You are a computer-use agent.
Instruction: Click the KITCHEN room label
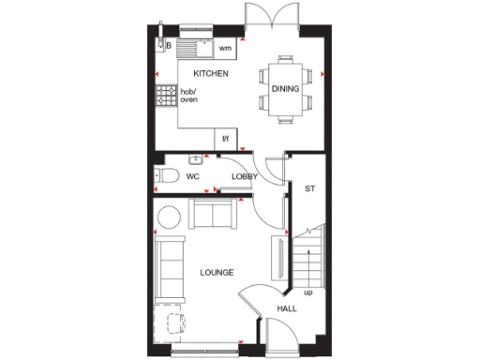click(x=211, y=73)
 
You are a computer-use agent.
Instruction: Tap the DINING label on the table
click(x=285, y=89)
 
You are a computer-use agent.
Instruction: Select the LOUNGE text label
click(x=217, y=273)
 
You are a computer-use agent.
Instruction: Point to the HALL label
click(x=287, y=308)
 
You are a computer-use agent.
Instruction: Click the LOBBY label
click(x=245, y=175)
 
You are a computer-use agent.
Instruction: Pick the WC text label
click(x=192, y=175)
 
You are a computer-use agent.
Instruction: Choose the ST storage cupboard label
click(x=309, y=188)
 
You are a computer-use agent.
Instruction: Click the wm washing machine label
click(x=225, y=47)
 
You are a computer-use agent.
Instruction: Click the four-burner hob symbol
click(x=166, y=95)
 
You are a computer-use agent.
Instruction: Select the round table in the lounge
click(x=170, y=217)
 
